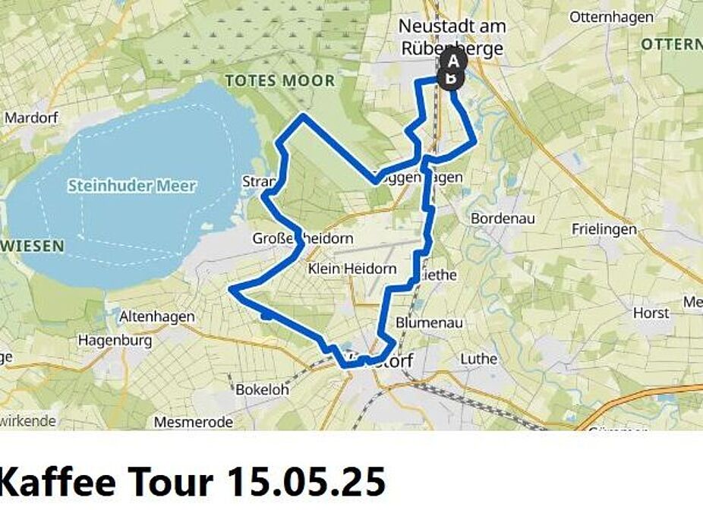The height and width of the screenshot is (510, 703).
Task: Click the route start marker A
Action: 454,61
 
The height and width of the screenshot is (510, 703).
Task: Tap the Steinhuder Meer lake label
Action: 132,186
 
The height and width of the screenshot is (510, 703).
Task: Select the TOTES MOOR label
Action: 279,80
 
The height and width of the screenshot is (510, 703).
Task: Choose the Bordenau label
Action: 503,219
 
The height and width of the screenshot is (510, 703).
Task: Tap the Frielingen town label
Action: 604,228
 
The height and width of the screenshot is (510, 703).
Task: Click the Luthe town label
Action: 478,358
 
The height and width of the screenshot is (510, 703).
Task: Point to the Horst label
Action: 651,313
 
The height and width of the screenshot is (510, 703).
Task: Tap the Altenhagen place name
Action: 157,316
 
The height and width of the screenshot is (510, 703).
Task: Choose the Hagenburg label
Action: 115,341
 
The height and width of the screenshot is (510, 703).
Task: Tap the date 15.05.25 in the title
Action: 306,480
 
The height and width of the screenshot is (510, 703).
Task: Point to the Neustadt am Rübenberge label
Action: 452,37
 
